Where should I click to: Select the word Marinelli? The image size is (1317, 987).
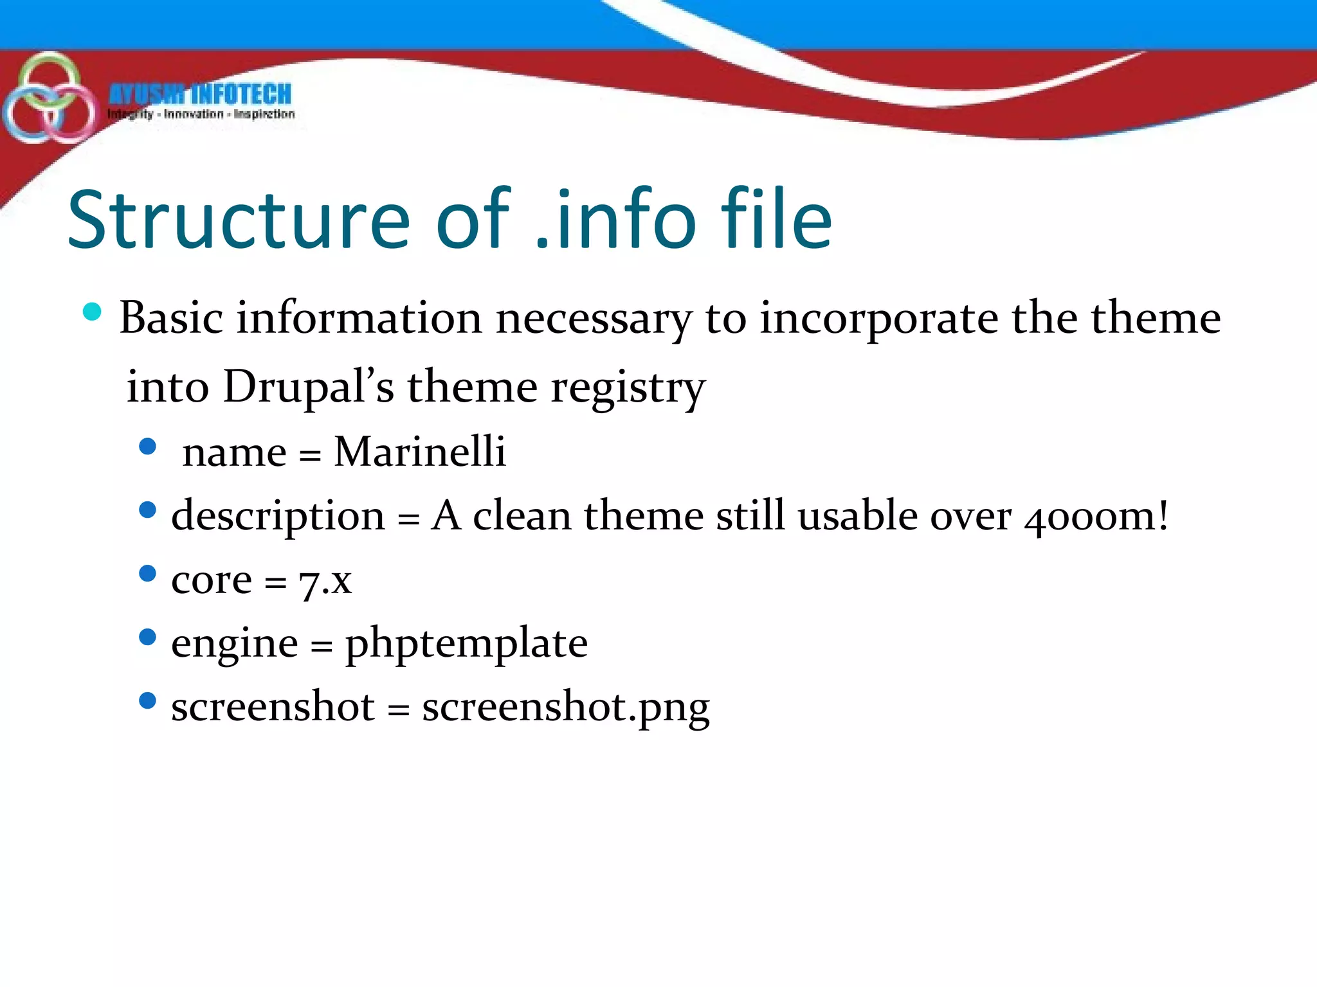tap(420, 451)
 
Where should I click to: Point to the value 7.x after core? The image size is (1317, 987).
tap(325, 580)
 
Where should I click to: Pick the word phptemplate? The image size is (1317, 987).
tap(466, 644)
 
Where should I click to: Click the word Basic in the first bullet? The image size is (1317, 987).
tap(171, 317)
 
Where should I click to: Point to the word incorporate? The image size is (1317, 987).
tap(878, 319)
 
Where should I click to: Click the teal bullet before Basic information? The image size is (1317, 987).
tap(93, 312)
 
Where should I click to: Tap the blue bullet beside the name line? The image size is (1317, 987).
tap(147, 446)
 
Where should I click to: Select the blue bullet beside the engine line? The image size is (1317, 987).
tap(147, 637)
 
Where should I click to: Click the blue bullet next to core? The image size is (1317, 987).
tap(147, 573)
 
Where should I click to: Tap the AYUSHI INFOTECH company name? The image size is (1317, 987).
tap(200, 94)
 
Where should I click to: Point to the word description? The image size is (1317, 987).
tap(278, 516)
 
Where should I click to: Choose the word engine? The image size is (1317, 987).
tap(235, 644)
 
